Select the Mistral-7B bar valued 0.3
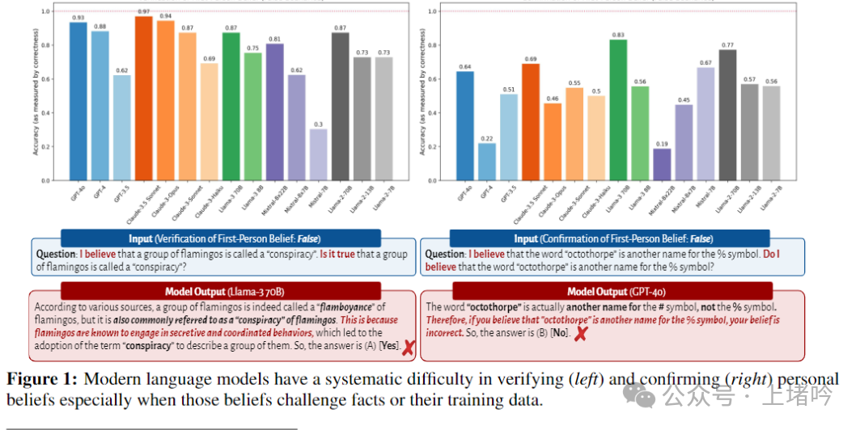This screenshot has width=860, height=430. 318,154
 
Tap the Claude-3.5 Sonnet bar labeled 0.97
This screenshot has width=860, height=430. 144,98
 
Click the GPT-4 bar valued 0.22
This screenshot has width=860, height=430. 487,162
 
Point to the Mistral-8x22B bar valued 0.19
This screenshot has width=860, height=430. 663,164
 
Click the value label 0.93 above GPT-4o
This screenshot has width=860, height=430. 78,17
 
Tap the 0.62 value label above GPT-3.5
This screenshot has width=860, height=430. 121,70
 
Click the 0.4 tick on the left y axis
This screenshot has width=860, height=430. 46,112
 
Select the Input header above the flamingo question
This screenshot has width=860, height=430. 220,238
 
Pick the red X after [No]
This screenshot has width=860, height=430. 579,333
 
